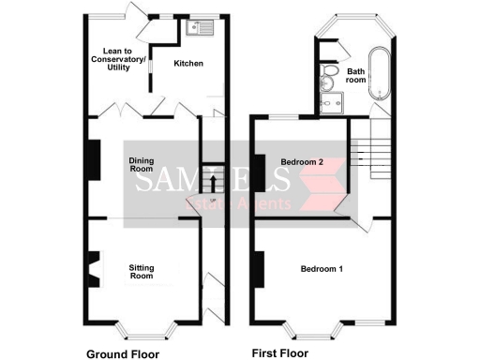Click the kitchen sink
200,28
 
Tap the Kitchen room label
189,63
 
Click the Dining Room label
141,165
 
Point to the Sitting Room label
141,272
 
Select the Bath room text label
356,76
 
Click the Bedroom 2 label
302,162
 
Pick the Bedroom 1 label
321,269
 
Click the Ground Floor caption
122,353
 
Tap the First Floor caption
280,353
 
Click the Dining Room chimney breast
92,157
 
